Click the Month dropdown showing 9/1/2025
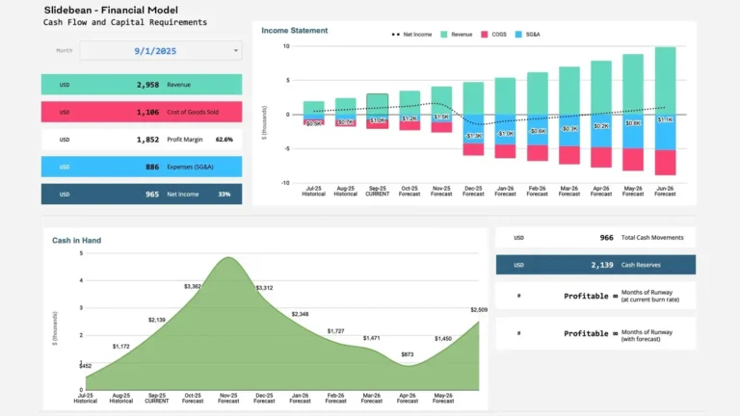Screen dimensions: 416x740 click(160, 51)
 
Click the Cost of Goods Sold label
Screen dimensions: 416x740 click(192, 112)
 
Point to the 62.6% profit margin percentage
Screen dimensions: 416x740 click(225, 139)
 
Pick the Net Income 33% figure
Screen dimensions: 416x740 click(224, 194)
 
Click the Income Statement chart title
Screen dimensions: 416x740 click(294, 31)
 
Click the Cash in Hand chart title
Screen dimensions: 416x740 click(76, 240)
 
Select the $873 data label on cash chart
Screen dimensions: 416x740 click(407, 354)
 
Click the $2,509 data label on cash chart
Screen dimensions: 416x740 click(480, 309)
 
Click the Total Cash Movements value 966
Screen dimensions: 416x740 click(606, 237)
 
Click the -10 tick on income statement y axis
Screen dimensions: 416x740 click(285, 183)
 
